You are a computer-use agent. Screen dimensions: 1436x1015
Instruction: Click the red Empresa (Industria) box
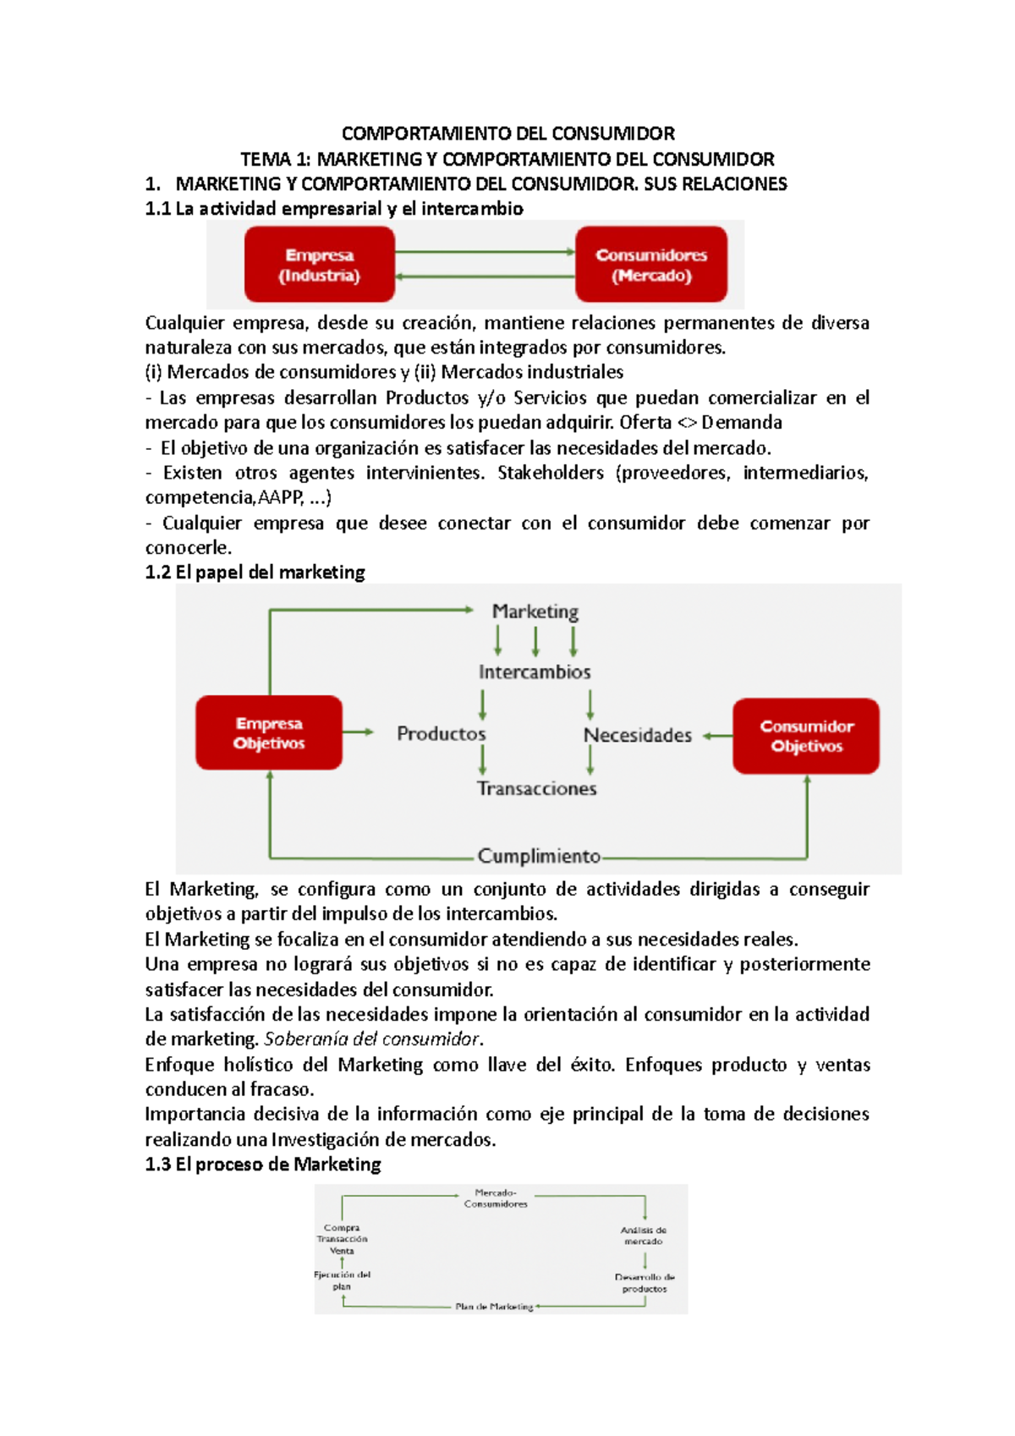pos(320,265)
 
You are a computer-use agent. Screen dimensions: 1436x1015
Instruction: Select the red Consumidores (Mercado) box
pos(651,265)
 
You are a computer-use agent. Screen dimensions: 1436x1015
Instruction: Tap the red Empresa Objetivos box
pos(269,733)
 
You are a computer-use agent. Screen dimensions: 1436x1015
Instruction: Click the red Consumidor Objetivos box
pos(806,736)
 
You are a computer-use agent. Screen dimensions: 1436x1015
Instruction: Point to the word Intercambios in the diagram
pos(535,672)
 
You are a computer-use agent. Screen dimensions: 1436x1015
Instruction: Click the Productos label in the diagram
pos(442,734)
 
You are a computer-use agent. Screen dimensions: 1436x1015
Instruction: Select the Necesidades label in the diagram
pos(638,736)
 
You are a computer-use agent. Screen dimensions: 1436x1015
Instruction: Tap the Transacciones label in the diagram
pos(536,788)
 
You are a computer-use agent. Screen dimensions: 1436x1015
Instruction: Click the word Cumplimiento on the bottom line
pos(539,856)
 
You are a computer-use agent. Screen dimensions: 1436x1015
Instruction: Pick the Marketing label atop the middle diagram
pos(535,611)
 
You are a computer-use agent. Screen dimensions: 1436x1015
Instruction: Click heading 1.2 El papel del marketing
pos(255,573)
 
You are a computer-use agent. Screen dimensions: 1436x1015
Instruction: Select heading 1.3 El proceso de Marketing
pos(263,1165)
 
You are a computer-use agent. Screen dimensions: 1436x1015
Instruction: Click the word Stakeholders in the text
pos(550,473)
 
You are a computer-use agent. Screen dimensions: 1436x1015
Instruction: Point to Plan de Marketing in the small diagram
pos(494,1307)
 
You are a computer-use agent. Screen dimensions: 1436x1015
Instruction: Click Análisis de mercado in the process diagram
pos(644,1236)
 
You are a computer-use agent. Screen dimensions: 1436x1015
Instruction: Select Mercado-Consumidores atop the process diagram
pos(496,1198)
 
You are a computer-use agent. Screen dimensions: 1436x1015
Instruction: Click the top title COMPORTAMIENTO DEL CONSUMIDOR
pos(507,134)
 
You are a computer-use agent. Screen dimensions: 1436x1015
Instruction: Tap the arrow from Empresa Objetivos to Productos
pos(358,732)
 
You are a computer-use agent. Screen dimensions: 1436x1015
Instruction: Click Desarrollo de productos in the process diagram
pos(645,1283)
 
